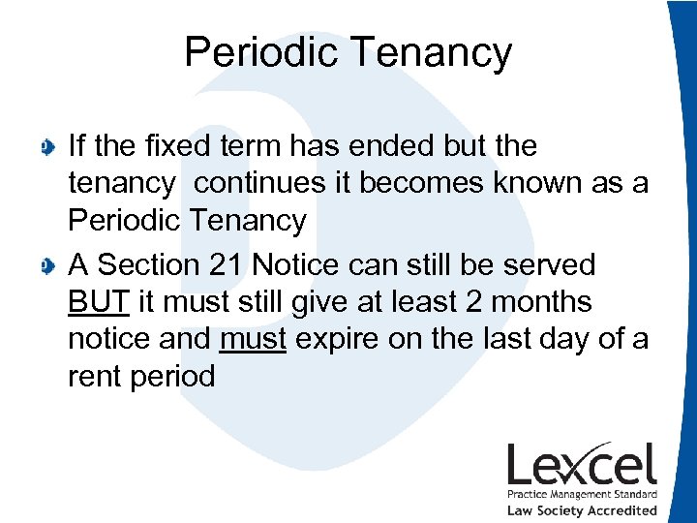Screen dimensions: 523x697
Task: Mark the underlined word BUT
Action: point(99,301)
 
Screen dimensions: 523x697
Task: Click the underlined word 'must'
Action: point(253,339)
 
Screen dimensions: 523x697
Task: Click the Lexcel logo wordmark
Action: point(582,466)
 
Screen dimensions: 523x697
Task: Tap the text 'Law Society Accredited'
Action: point(582,510)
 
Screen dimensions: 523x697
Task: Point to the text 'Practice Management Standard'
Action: point(582,495)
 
